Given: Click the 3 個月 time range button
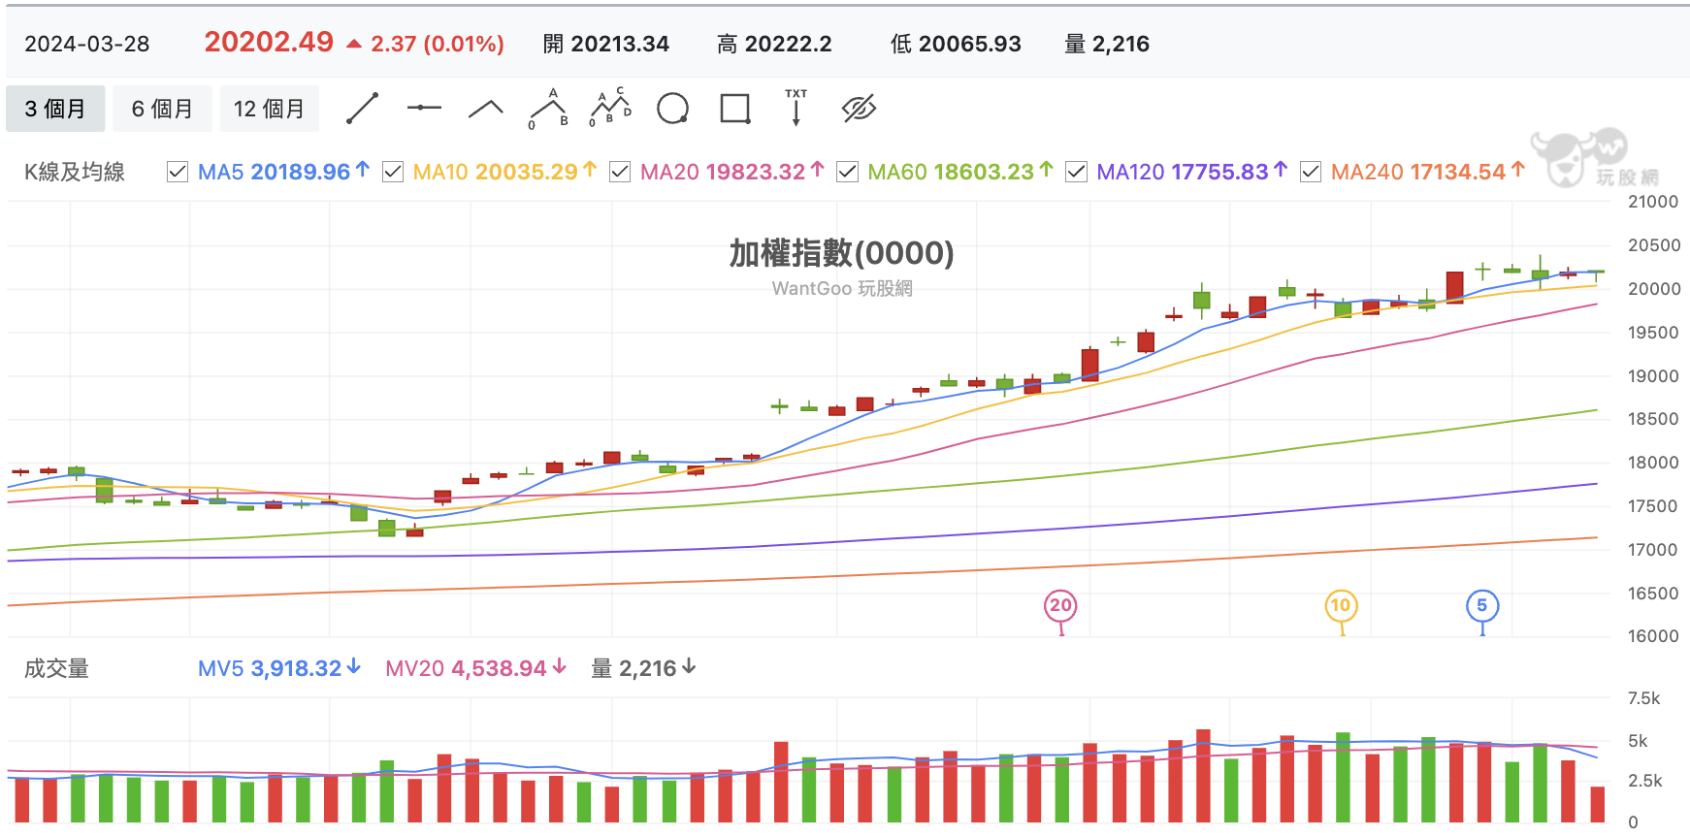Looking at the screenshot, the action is (x=55, y=109).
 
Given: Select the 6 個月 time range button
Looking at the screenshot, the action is (x=162, y=109).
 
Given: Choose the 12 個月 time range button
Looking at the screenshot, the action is (x=269, y=109).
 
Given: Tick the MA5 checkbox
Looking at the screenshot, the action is (x=178, y=172).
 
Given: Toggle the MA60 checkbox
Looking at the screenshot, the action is (x=847, y=172).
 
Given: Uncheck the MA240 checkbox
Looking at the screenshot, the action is (x=1311, y=172).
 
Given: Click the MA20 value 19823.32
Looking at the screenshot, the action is (x=756, y=172).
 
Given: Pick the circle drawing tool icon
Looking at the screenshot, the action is (x=672, y=109).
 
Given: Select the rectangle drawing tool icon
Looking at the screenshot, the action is (x=735, y=109).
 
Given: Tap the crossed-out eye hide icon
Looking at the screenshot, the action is (x=859, y=109).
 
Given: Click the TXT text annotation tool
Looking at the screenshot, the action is (x=796, y=107).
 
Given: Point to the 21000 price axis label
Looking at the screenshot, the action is (x=1653, y=202).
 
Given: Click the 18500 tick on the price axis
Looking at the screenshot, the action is (x=1653, y=419).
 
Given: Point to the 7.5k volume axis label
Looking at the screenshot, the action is (x=1644, y=698).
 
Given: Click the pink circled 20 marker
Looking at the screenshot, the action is (x=1060, y=606).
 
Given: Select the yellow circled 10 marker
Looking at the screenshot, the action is (x=1341, y=606).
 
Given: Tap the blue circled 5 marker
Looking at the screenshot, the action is (x=1482, y=606).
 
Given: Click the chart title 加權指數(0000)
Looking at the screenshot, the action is (x=842, y=253).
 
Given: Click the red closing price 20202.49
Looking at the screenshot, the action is (x=269, y=42).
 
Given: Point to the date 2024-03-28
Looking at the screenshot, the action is (x=87, y=44).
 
